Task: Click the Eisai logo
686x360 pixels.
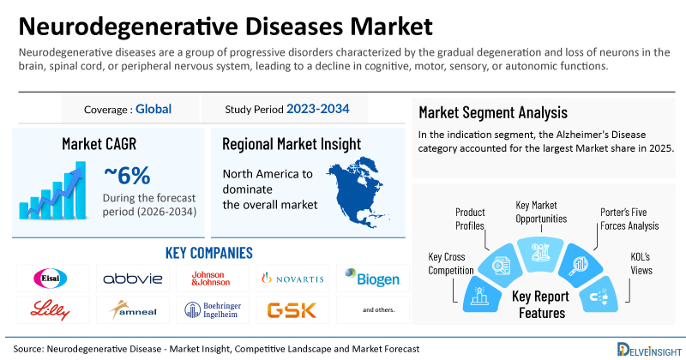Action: coord(51,279)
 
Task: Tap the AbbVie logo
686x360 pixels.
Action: coord(133,279)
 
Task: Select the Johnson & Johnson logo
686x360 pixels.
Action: coord(210,279)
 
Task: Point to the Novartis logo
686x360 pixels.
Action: coord(292,279)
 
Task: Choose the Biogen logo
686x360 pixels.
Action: coord(372,278)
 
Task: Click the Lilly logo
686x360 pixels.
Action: coord(50,310)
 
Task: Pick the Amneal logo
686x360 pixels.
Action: coord(133,310)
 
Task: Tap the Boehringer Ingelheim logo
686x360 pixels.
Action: coord(213,310)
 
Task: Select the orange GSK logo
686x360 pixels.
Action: coord(292,310)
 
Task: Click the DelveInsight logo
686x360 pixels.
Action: coord(649,349)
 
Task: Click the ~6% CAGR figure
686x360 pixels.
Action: coord(127,176)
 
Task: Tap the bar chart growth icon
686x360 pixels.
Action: coord(53,190)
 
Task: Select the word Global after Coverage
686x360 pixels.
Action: coord(153,109)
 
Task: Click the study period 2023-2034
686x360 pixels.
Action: coord(318,109)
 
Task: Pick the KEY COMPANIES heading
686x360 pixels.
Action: coord(209,253)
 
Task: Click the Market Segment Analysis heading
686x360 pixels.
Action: coord(493,112)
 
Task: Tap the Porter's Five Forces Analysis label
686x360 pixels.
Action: coord(629,219)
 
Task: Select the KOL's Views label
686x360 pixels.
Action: coord(641,263)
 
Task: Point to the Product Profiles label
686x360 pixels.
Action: coord(470,219)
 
